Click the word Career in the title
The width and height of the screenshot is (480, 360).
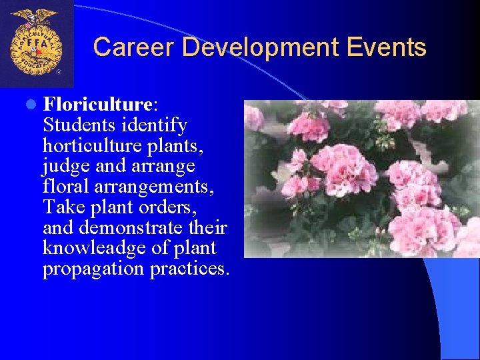click(133, 47)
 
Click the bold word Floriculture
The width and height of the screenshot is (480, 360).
click(98, 105)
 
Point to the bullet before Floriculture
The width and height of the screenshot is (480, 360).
click(31, 105)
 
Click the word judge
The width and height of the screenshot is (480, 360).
click(67, 166)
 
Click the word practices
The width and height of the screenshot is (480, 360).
click(189, 269)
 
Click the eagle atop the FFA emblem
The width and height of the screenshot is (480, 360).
click(36, 15)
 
